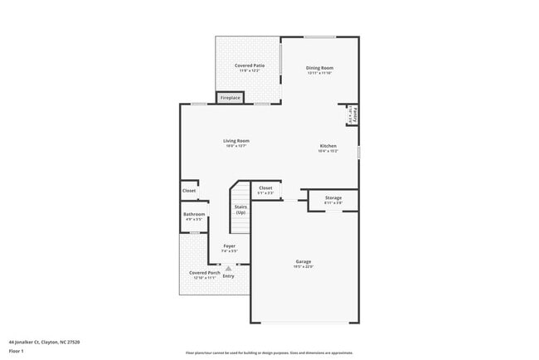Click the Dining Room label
click(319, 68)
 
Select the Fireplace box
click(230, 98)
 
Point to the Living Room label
click(236, 141)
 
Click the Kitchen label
click(328, 147)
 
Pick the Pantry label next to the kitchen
click(354, 114)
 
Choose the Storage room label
click(333, 198)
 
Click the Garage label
click(303, 261)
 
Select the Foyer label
click(229, 246)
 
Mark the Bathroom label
click(194, 215)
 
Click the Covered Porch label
click(204, 273)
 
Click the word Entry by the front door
click(228, 276)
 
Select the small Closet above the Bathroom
click(189, 190)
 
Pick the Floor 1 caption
click(16, 351)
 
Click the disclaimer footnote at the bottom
click(269, 353)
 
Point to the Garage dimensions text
click(303, 266)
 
